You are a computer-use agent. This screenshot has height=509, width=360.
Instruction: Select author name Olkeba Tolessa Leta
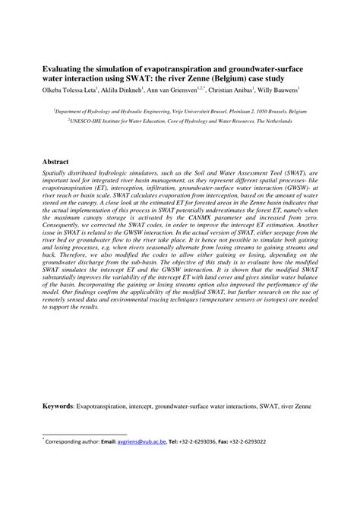click(x=74, y=90)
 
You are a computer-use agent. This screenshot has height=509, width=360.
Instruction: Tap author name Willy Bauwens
click(x=314, y=90)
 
